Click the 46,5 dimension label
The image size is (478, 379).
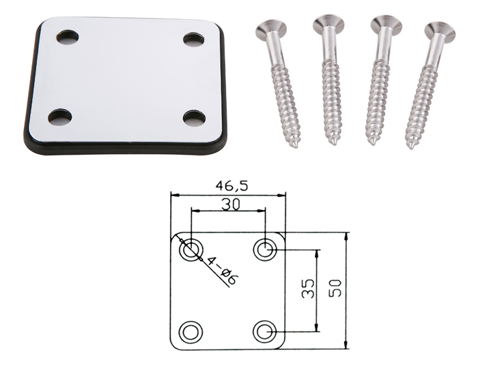231,185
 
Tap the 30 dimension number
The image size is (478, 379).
231,204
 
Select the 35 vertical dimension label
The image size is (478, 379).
308,288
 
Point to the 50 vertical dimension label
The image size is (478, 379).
335,288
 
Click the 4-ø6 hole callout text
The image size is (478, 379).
223,271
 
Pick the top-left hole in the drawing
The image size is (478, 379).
191,250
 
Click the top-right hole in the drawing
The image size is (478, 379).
265,250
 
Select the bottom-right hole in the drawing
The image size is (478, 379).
265,331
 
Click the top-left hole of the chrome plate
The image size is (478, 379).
68,37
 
